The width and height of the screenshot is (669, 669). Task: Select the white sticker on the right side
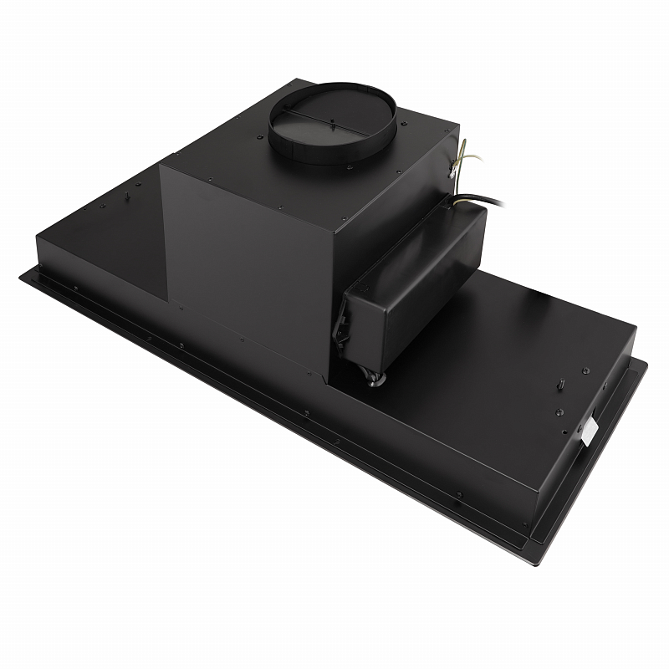point(590,430)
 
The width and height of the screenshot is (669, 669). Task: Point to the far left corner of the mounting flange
point(23,275)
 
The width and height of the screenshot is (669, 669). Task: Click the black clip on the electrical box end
point(344,326)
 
